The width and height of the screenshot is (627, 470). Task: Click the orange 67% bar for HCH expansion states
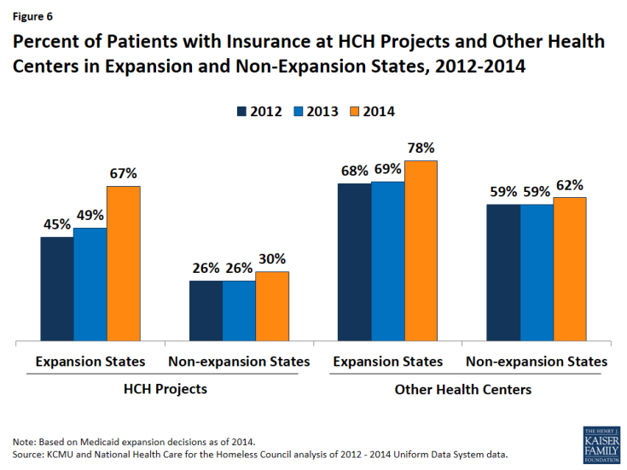pyautogui.click(x=123, y=264)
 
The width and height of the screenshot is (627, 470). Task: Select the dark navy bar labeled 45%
pyautogui.click(x=57, y=290)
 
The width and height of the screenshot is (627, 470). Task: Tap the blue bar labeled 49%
pyautogui.click(x=90, y=285)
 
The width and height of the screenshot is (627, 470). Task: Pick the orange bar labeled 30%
pyautogui.click(x=272, y=307)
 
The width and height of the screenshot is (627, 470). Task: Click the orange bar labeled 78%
pyautogui.click(x=421, y=252)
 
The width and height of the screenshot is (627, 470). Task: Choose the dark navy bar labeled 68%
pyautogui.click(x=354, y=263)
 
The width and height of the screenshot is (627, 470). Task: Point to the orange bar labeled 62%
pyautogui.click(x=570, y=270)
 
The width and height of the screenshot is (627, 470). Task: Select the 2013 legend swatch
pyautogui.click(x=297, y=112)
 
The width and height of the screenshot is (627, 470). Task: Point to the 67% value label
pyautogui.click(x=123, y=174)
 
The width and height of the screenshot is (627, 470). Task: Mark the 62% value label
pyautogui.click(x=570, y=185)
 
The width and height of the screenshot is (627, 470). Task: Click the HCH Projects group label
pyautogui.click(x=165, y=389)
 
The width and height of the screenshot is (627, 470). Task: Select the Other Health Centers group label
pyautogui.click(x=463, y=389)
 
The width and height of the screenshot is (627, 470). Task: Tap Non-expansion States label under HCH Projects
pyautogui.click(x=239, y=362)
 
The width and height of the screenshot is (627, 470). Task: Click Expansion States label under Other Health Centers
pyautogui.click(x=388, y=362)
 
